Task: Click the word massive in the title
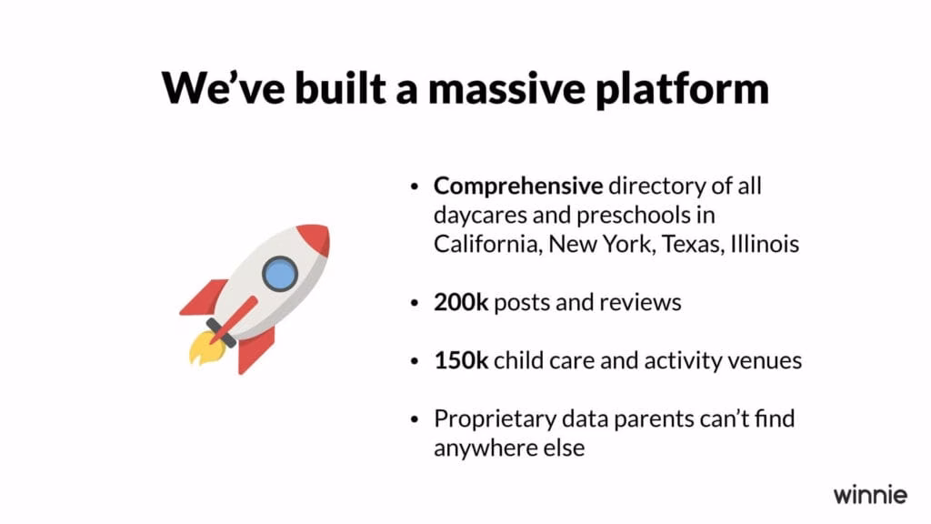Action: click(506, 88)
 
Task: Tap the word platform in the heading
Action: click(682, 89)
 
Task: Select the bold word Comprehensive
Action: click(517, 186)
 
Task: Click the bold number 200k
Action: click(461, 302)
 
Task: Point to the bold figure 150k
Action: click(461, 360)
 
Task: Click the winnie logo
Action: click(870, 494)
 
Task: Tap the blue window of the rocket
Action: click(280, 274)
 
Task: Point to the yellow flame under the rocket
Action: click(205, 348)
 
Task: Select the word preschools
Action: click(633, 215)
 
